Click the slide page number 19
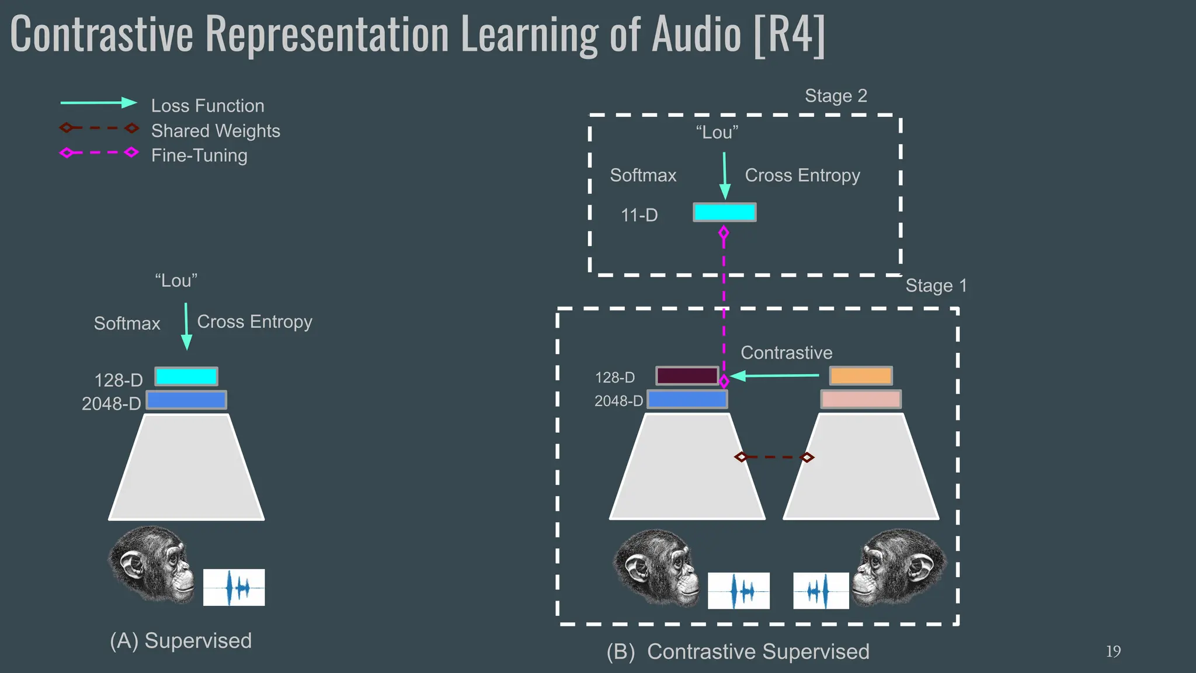tap(1113, 651)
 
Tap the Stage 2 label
tap(836, 96)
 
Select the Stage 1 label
tap(936, 286)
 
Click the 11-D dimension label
tap(639, 215)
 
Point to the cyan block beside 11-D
tap(724, 212)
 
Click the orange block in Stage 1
tap(861, 376)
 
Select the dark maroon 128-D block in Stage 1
tap(687, 376)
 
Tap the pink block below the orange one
tap(861, 400)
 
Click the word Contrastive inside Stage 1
tap(786, 353)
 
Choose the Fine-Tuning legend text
tap(199, 155)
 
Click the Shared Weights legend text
tap(215, 131)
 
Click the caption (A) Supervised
tap(180, 641)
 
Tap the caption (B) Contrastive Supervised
tap(738, 651)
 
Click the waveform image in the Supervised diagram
tap(234, 587)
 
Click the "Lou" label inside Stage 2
tap(717, 133)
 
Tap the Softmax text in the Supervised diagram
tap(127, 324)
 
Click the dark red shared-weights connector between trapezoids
tap(774, 457)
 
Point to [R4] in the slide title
tap(789, 35)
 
